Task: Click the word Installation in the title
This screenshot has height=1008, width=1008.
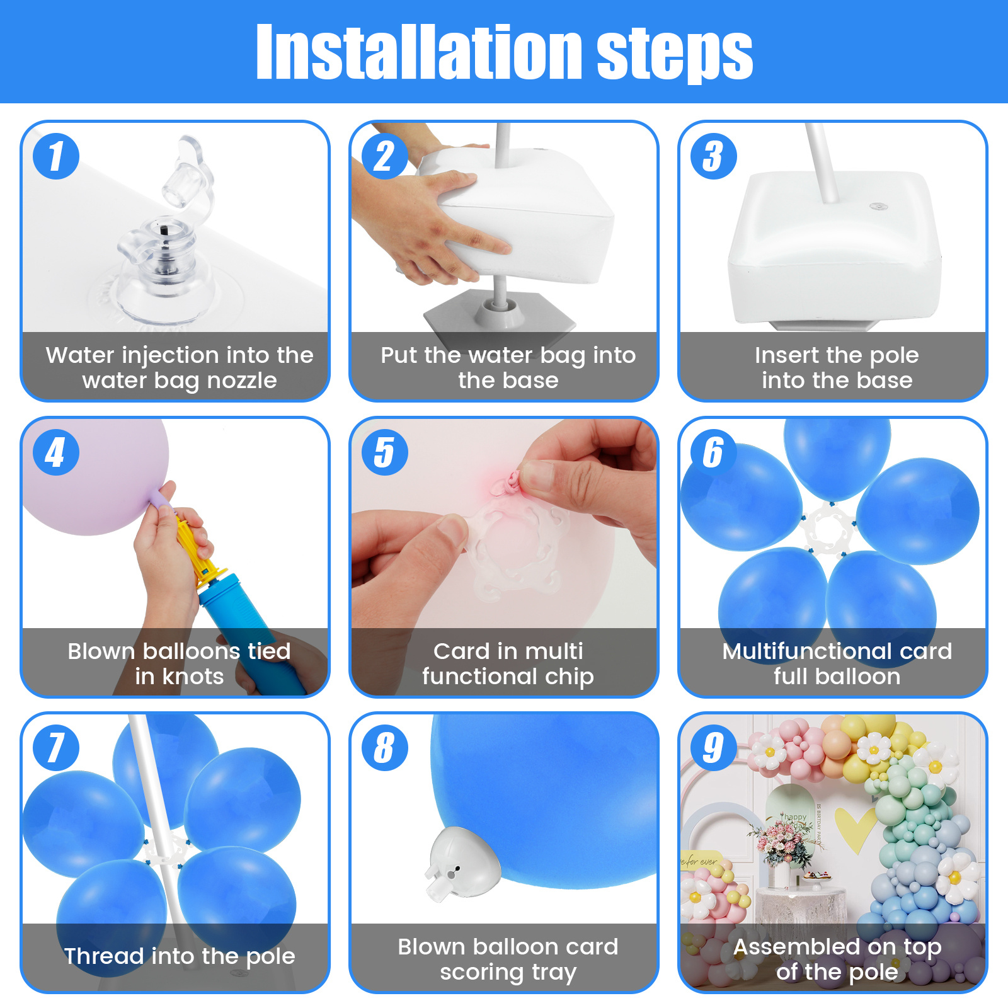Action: point(418,53)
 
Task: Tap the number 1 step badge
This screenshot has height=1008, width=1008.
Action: point(56,156)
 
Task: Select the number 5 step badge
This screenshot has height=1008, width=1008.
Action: point(384,452)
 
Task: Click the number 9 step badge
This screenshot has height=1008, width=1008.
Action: point(713,748)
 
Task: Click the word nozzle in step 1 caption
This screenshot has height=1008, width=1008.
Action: point(242,381)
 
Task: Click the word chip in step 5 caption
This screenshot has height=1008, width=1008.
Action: point(570,677)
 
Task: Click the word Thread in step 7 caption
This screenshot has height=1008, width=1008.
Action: point(104,956)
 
